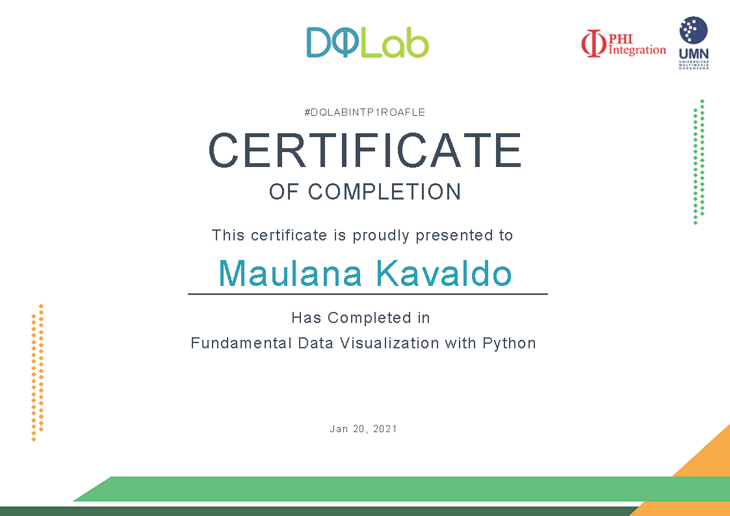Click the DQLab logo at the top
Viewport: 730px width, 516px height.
pos(367,42)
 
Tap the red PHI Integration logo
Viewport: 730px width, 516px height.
pos(623,44)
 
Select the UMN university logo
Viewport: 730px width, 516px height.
pos(694,43)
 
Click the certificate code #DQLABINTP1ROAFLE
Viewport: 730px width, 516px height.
pos(365,112)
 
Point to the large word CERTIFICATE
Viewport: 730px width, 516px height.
pos(365,150)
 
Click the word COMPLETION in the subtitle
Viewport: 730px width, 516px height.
pos(385,192)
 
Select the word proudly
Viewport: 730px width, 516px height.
pos(381,235)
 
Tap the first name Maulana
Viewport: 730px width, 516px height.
pos(290,273)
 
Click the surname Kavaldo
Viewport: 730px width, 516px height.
pos(444,273)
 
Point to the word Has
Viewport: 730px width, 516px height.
pos(306,318)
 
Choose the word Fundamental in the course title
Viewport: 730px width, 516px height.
pos(241,343)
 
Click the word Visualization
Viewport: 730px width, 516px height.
pos(389,343)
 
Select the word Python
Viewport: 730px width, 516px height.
pos(510,343)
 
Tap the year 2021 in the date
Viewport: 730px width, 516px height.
pos(385,428)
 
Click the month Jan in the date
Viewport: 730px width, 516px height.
pos(339,428)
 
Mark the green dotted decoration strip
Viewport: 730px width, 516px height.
pos(699,161)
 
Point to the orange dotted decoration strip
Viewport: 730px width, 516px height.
pos(37,372)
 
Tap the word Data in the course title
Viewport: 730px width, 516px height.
pos(316,343)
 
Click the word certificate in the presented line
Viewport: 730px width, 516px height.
pos(289,235)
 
